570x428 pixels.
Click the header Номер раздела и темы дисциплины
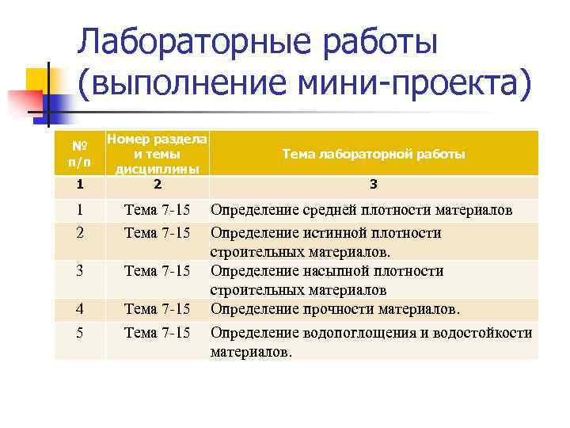tap(158, 154)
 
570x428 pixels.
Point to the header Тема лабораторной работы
tap(373, 154)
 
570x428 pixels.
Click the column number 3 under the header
tap(373, 185)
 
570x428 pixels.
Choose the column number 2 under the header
tap(158, 185)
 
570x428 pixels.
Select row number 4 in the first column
tap(79, 308)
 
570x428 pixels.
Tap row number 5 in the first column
tap(79, 333)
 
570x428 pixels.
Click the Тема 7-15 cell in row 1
tap(158, 211)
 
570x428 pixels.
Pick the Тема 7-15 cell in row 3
tap(158, 271)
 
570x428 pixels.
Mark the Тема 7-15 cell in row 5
tap(158, 333)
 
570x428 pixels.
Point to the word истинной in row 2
tap(332, 233)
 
